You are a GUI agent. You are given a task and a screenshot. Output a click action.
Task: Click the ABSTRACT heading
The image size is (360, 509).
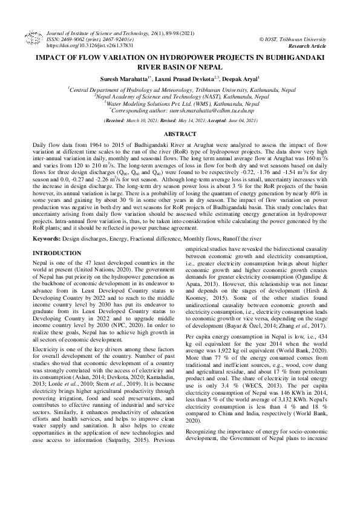pos(180,134)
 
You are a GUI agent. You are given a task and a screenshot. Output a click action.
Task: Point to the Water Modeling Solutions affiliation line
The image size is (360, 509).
pos(180,103)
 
